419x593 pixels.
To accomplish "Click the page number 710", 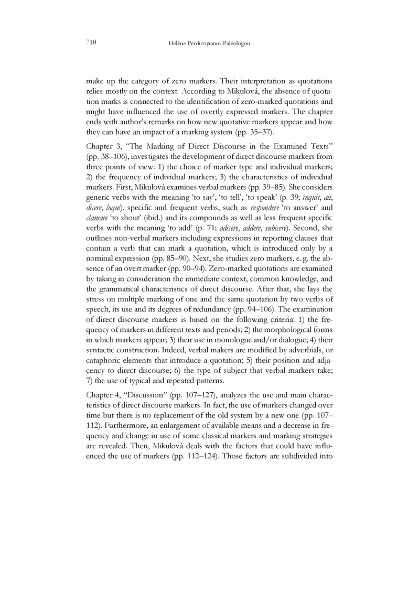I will click(x=89, y=42).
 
